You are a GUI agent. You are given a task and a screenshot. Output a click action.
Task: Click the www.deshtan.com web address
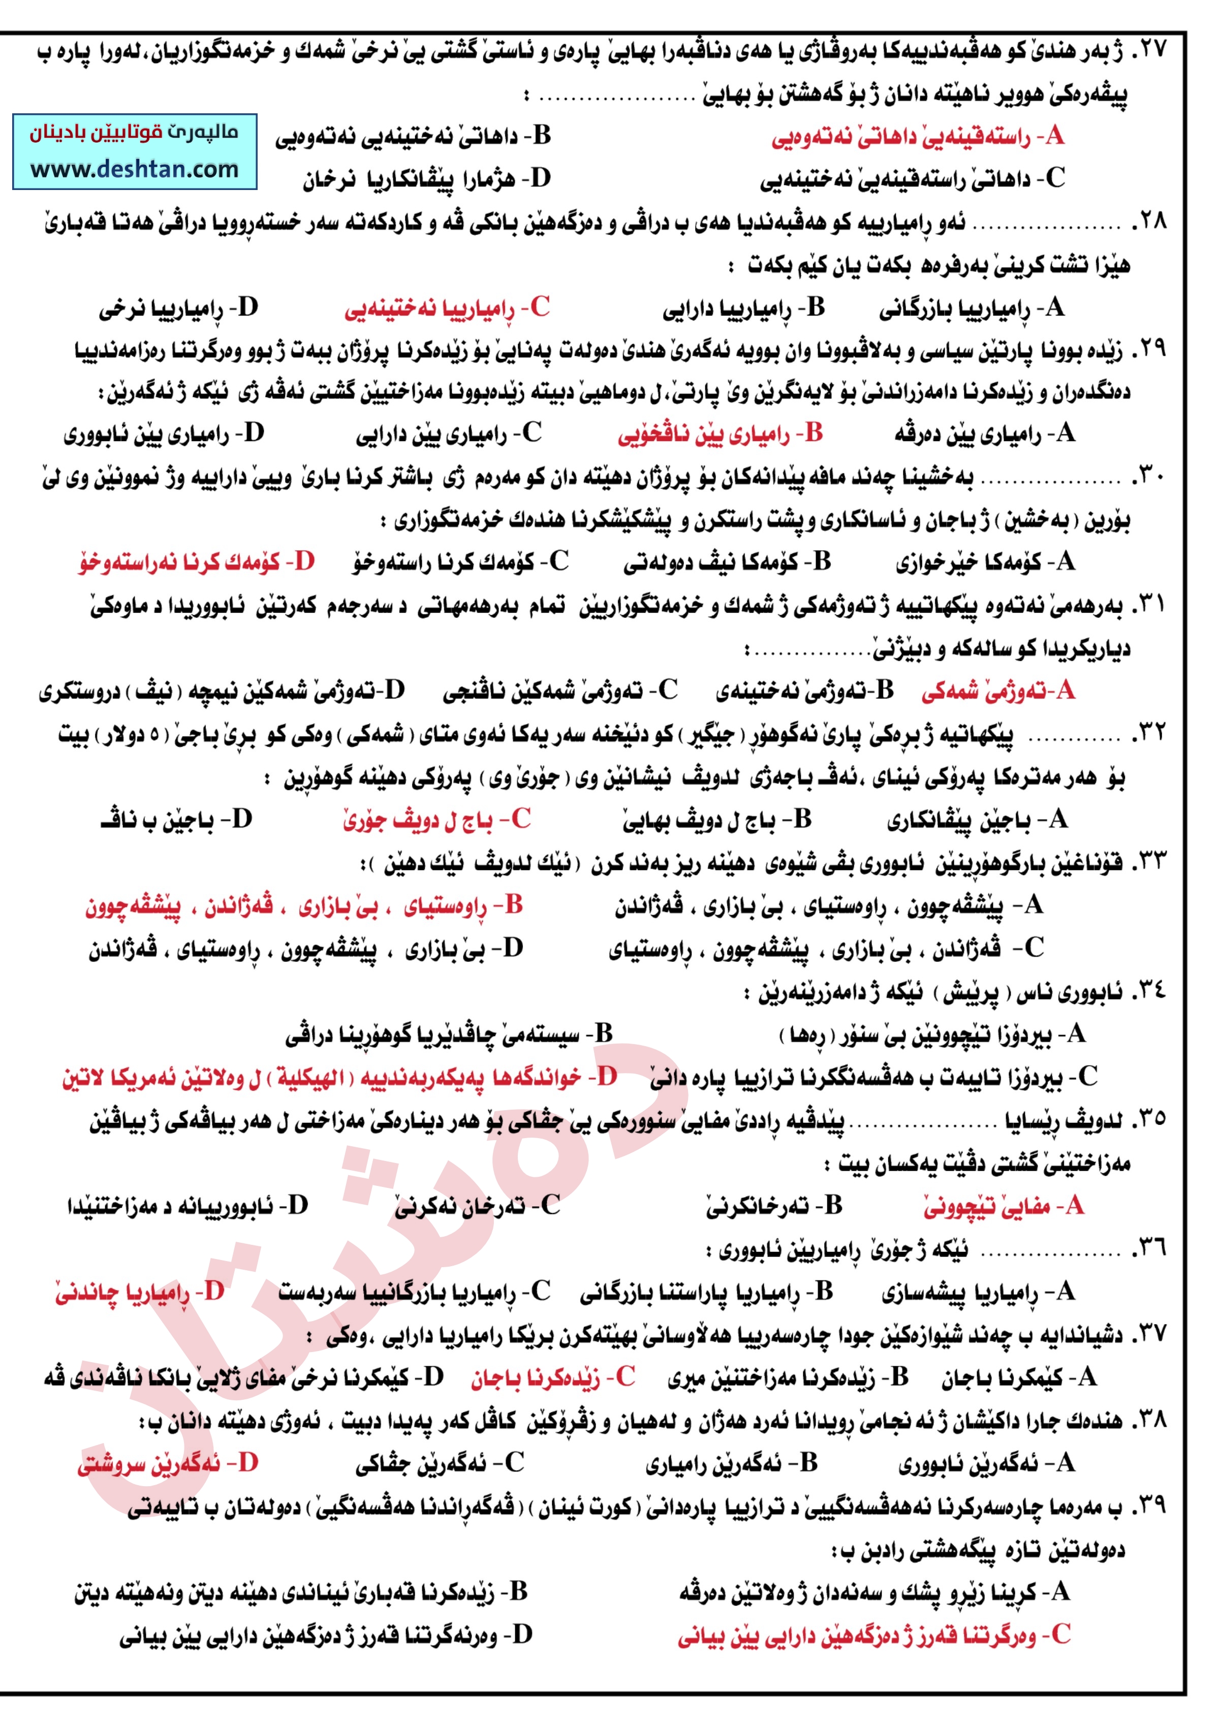pos(135,169)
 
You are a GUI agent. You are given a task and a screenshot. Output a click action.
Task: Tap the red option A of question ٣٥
pos(1003,1207)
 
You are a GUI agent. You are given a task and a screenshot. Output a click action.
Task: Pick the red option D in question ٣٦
pos(139,1292)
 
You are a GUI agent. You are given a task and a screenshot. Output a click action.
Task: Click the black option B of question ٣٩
pos(301,1592)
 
